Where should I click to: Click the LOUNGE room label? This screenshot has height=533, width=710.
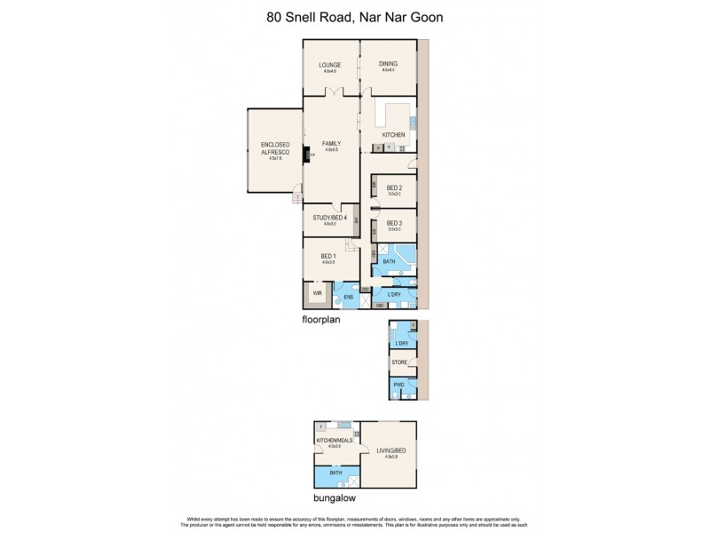330,65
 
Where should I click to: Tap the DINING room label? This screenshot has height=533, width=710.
388,65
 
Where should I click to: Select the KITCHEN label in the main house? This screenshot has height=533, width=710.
393,135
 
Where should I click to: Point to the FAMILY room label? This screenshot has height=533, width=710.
331,144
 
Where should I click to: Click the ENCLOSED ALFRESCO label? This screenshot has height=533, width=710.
274,148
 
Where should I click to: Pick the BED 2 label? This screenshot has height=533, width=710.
395,187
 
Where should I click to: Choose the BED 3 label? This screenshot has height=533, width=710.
395,223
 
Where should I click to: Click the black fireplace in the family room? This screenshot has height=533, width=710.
307,155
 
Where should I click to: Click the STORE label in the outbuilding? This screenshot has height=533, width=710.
400,363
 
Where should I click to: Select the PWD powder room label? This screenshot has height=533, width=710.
400,385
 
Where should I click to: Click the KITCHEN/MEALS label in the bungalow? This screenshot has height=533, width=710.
334,441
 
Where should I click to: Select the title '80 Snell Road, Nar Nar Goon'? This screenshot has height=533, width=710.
354,16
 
